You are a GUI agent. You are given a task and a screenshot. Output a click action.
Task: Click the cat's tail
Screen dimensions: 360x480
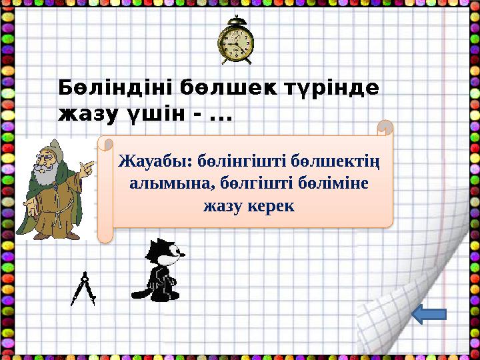point(141,291)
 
